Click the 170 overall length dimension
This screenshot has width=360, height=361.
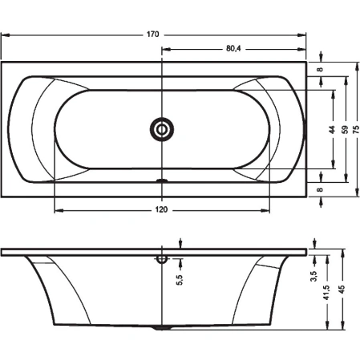coord(154,34)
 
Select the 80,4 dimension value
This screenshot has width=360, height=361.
coord(234,48)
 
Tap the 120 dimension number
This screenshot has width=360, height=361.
coord(160,210)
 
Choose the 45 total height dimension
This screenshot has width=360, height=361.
coord(342,290)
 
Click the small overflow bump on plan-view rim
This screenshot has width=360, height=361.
coord(163,180)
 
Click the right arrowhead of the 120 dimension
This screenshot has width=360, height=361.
coord(268,210)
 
